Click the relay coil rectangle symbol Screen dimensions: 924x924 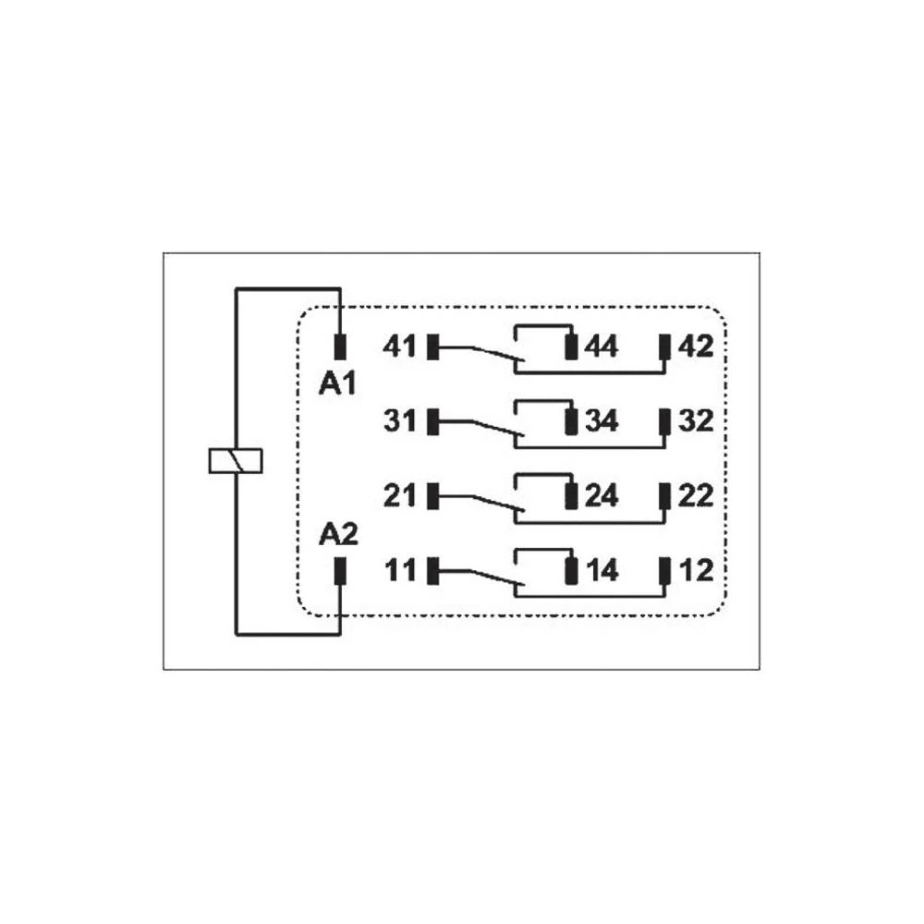(x=236, y=461)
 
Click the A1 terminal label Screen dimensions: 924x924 (x=337, y=384)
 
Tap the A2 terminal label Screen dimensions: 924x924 (x=338, y=534)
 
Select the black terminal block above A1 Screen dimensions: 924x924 (x=340, y=346)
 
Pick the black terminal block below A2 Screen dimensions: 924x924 (x=340, y=571)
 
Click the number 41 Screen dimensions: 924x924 (x=399, y=346)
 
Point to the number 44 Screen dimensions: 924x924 (x=602, y=346)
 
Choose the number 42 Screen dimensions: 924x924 (x=696, y=346)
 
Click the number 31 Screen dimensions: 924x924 (x=400, y=421)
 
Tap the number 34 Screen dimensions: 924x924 (x=602, y=421)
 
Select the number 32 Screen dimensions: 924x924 (x=696, y=421)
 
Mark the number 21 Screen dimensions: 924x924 (x=400, y=495)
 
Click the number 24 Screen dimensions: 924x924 (x=602, y=495)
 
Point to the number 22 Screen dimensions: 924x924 (x=696, y=495)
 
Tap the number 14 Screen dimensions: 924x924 (x=602, y=570)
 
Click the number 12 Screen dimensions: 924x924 (x=697, y=570)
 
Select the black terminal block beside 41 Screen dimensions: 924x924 (x=433, y=346)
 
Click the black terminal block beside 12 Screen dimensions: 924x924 (x=664, y=570)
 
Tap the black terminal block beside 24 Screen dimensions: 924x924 (x=570, y=495)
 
